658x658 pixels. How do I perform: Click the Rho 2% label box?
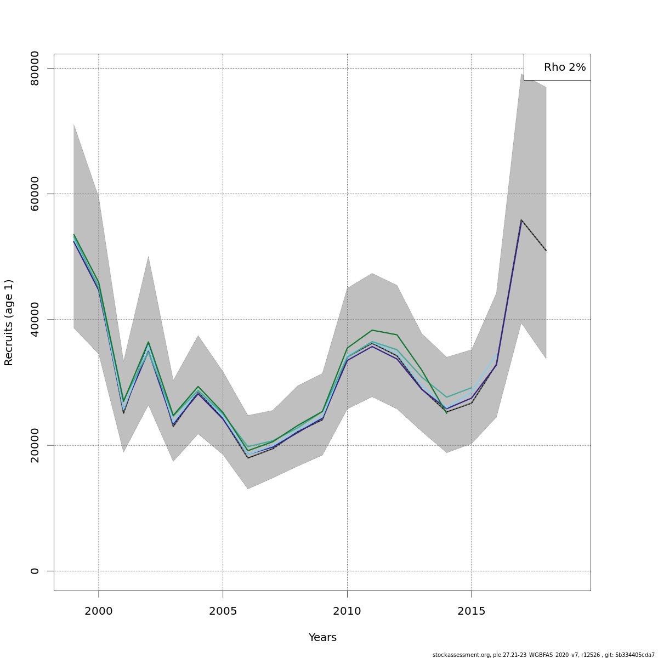coord(557,67)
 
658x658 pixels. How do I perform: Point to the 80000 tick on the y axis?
coord(35,68)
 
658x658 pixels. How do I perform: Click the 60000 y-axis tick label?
coord(35,194)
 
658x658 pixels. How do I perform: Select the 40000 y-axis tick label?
coord(35,319)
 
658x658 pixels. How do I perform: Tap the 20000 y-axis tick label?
coord(35,445)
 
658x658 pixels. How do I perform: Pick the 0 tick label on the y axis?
coord(35,571)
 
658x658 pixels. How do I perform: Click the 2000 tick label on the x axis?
coord(99,611)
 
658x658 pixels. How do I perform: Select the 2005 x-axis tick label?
coord(223,611)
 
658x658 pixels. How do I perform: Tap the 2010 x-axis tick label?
coord(347,611)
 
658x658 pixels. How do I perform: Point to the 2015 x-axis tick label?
coord(472,611)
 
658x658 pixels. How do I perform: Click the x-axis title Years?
coord(322,638)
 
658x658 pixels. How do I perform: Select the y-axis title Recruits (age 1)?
coord(9,322)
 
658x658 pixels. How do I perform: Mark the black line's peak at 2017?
coord(521,220)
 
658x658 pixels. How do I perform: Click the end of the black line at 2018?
coord(546,251)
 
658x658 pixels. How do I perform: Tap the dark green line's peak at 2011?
coord(372,330)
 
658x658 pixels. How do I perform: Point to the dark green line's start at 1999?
coord(74,234)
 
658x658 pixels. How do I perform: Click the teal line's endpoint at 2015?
coord(472,388)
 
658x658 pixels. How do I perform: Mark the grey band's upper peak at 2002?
coord(148,256)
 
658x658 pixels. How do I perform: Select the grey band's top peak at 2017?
coord(521,74)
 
